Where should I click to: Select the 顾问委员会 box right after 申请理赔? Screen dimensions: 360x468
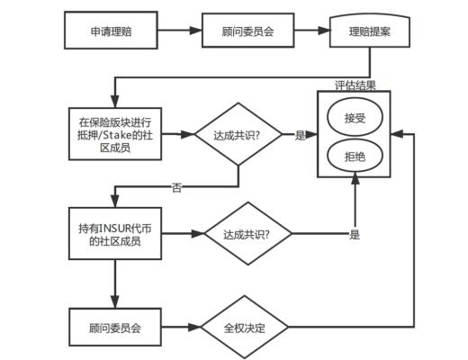tap(247, 31)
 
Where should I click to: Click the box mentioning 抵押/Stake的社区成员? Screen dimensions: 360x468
tap(114, 134)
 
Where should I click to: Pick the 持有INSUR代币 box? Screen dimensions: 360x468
tap(114, 234)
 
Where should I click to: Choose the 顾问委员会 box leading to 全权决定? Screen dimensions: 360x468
tap(114, 326)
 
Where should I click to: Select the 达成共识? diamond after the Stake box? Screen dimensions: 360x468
tap(238, 134)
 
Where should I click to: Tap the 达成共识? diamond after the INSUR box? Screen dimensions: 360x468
tap(247, 235)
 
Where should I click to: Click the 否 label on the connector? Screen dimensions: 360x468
tap(176, 187)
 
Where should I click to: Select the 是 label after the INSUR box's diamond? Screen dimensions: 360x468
tap(354, 235)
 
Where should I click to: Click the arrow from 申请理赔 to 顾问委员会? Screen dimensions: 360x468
tap(181, 31)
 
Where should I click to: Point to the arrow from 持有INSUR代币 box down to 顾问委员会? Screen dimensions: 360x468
tap(114, 283)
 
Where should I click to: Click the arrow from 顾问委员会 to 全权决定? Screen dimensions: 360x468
tap(180, 326)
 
